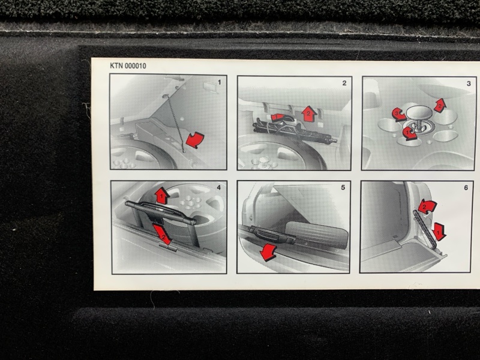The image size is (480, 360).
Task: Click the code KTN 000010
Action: coord(128,66)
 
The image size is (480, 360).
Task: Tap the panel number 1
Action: coord(219,82)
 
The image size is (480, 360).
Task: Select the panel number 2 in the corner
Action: coord(344,83)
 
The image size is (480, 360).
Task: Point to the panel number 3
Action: coord(469,83)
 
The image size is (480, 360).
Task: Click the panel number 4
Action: coord(218,187)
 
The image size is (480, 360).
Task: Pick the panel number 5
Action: coord(343,187)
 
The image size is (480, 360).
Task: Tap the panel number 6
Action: coord(466,188)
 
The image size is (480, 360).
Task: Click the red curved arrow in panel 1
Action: coord(195,140)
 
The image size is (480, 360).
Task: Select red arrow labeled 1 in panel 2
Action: coord(278,116)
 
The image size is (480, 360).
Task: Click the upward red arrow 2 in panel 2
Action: coord(309,114)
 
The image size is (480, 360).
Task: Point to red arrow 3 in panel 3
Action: coord(398,115)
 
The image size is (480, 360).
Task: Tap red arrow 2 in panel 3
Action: coord(440,106)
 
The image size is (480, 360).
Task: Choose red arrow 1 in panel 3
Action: coord(409,133)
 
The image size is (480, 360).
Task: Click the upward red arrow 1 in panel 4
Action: coord(162,196)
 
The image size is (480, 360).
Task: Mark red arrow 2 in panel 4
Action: coord(162,235)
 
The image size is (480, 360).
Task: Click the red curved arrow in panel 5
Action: coord(268,252)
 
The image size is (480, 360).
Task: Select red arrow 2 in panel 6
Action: coord(427,206)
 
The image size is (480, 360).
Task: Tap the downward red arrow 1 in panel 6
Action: coord(439,232)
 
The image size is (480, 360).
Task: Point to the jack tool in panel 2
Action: coord(295,130)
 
